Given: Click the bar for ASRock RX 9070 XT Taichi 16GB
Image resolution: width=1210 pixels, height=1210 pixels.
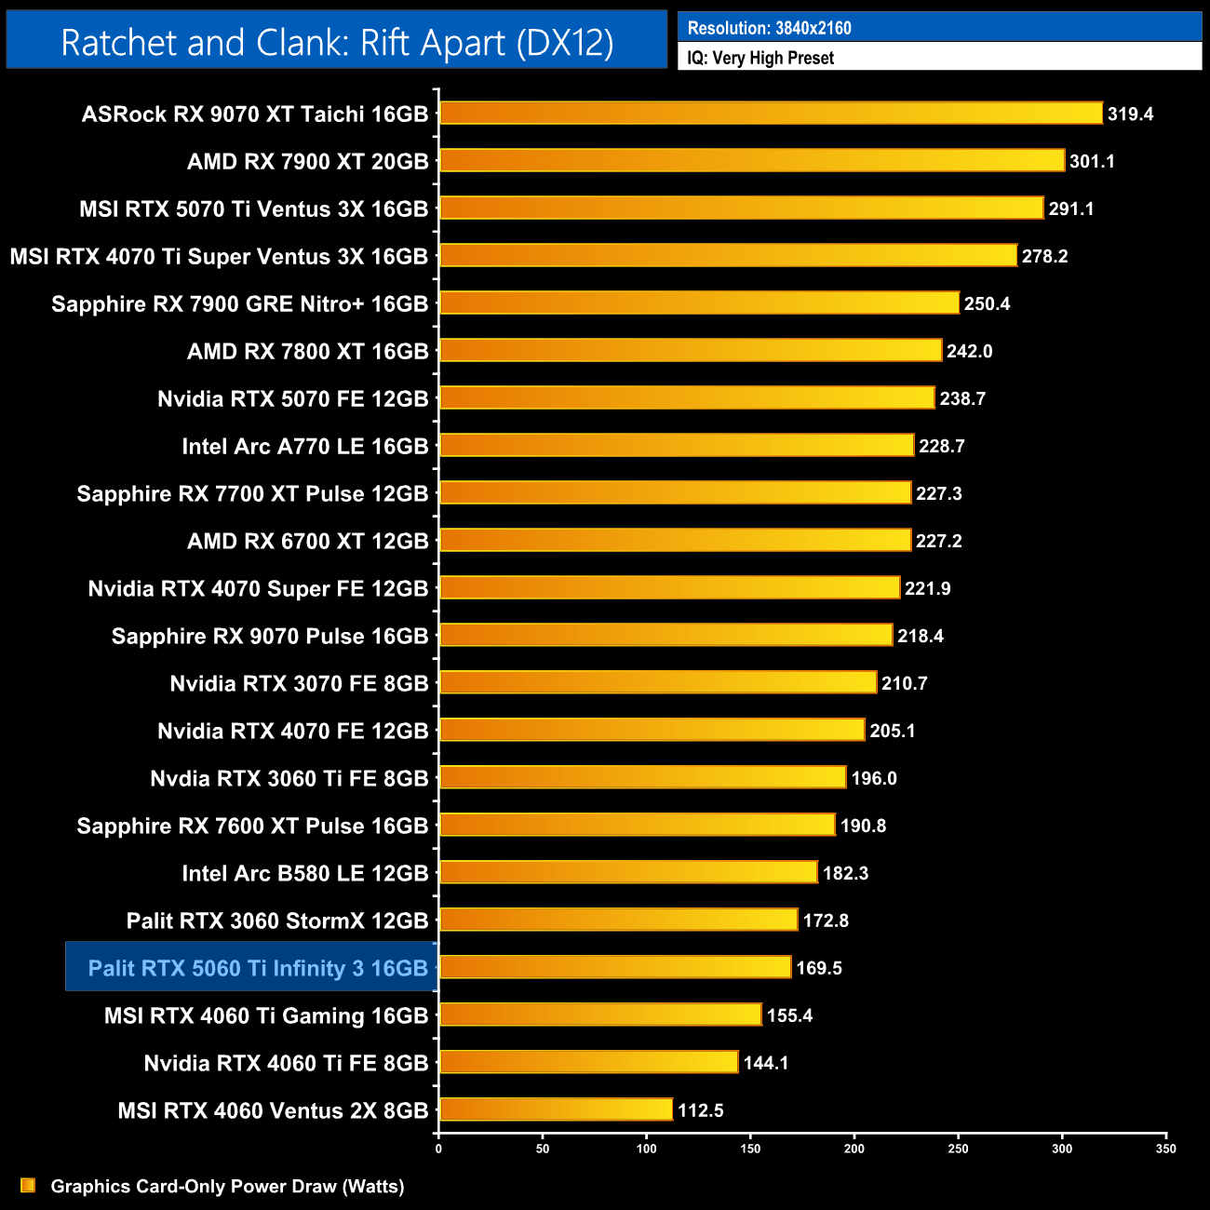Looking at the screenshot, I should click(771, 114).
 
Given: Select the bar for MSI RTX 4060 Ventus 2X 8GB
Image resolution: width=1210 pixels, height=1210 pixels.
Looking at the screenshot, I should click(556, 1109).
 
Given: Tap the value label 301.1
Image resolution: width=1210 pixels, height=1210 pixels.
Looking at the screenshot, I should click(1092, 162).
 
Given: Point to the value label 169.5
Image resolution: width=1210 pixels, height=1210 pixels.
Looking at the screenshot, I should click(819, 968).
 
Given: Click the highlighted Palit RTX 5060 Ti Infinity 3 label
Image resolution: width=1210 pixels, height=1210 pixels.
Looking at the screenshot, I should click(258, 968).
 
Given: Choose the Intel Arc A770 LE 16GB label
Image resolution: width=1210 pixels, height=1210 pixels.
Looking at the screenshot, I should click(305, 447).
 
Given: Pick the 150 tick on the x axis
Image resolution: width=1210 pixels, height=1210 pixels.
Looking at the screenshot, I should click(750, 1149).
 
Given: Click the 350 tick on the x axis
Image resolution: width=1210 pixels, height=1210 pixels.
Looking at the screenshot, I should click(1165, 1149).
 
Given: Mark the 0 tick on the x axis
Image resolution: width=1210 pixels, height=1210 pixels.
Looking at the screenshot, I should click(438, 1149).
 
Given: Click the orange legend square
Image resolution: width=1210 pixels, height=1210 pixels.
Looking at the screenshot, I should click(28, 1185).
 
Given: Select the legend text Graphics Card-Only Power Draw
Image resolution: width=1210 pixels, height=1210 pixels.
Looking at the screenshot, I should click(227, 1187).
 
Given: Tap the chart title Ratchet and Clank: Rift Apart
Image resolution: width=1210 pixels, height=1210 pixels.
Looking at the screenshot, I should click(337, 43).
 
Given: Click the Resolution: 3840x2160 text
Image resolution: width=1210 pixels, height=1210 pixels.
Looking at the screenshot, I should click(769, 28).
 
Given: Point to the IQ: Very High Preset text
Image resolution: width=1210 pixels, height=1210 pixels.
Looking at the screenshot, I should click(760, 58).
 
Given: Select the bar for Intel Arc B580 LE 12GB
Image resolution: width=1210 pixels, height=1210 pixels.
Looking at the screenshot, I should click(628, 872).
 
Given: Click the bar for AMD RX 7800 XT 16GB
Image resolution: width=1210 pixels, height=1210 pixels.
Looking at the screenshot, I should click(691, 350).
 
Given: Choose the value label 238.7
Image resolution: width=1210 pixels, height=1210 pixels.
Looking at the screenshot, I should click(962, 399).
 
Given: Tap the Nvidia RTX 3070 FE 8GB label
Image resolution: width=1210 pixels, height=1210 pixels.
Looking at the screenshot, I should click(299, 684).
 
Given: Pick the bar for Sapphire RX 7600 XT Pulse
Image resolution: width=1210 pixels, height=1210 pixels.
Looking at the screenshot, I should click(638, 825).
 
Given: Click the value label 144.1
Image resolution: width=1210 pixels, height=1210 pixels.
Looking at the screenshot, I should click(766, 1063).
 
